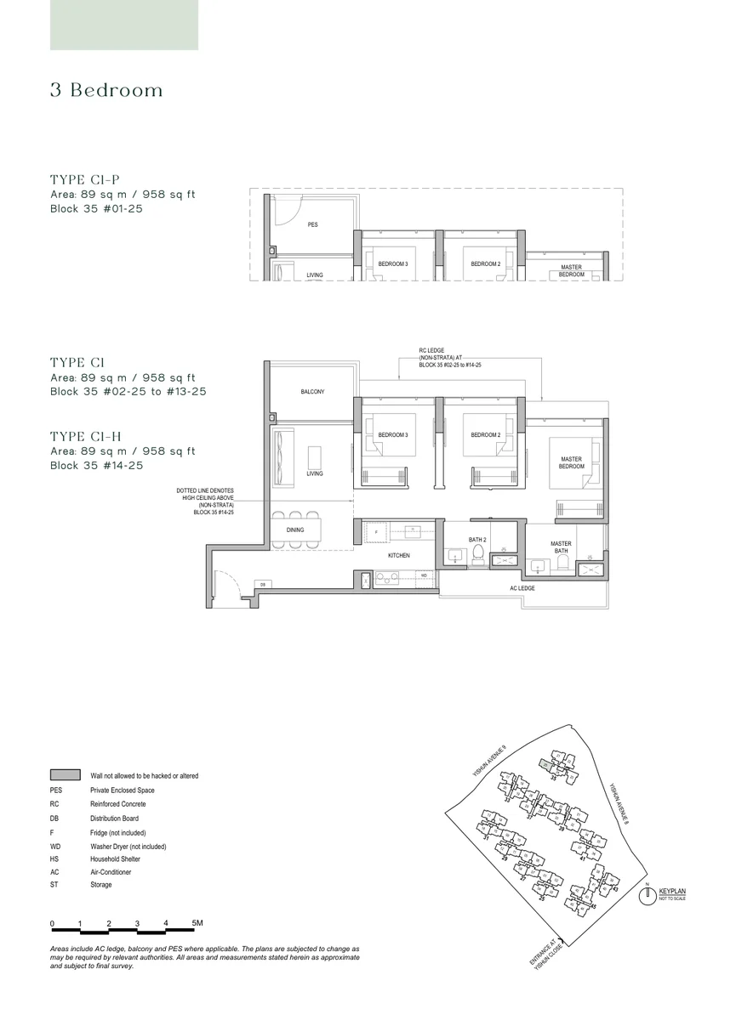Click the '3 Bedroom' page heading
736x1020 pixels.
tap(106, 91)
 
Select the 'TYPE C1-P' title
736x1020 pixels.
tap(85, 179)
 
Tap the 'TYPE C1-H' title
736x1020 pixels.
tap(86, 437)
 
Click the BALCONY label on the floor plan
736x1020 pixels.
tap(312, 392)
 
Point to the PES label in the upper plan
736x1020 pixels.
tap(312, 225)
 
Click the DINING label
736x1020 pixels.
tap(295, 530)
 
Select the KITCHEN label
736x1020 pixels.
tap(398, 555)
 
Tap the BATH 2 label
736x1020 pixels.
tap(477, 540)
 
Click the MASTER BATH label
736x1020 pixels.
tap(561, 547)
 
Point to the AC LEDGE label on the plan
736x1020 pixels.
tap(522, 588)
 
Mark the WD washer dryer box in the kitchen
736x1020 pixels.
tap(422, 575)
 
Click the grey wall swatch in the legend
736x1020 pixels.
tap(65, 775)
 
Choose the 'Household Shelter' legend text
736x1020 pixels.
tap(115, 859)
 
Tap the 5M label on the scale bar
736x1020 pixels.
tap(197, 922)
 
